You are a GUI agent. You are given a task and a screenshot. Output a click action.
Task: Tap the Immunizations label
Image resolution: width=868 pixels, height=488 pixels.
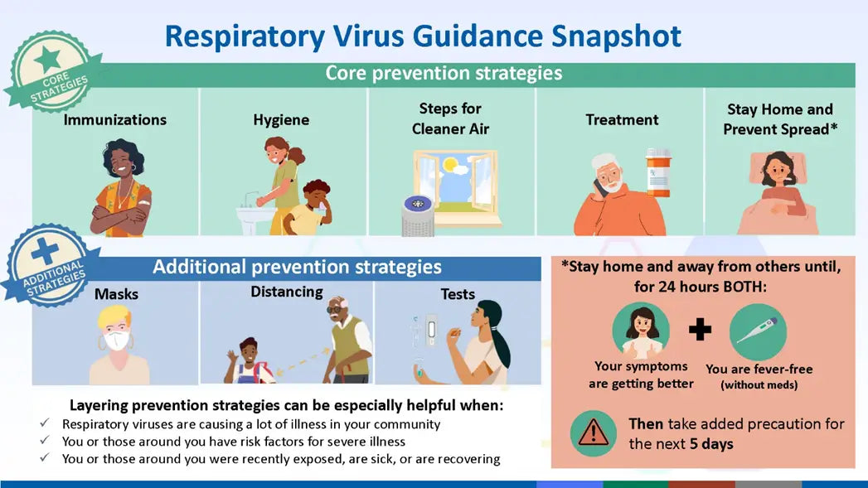tap(115, 120)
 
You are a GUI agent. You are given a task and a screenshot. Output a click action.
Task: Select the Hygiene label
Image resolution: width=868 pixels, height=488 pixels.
tap(281, 120)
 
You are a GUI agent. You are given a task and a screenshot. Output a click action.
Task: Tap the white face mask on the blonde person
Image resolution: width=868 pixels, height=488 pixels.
tap(117, 341)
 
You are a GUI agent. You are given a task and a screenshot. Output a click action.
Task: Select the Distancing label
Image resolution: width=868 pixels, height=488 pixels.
tap(287, 292)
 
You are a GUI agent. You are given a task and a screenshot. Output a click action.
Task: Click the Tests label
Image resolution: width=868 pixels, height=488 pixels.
tap(458, 294)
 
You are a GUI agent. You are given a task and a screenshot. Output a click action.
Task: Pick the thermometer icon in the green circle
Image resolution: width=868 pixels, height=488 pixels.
tap(758, 331)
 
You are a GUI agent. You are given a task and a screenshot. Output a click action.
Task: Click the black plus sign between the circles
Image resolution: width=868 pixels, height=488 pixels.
tap(700, 331)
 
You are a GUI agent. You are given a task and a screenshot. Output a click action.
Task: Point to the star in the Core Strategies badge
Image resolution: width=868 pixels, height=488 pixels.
tap(47, 60)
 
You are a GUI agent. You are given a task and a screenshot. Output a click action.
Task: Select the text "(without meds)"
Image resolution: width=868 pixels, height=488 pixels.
tap(759, 385)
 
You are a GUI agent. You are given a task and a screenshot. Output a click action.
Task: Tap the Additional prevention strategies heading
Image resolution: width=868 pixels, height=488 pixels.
tap(297, 268)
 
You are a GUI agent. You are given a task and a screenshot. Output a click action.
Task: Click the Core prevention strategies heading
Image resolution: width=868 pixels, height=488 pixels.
tap(444, 73)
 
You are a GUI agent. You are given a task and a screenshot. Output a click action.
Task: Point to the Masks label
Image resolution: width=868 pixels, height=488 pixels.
tap(116, 294)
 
